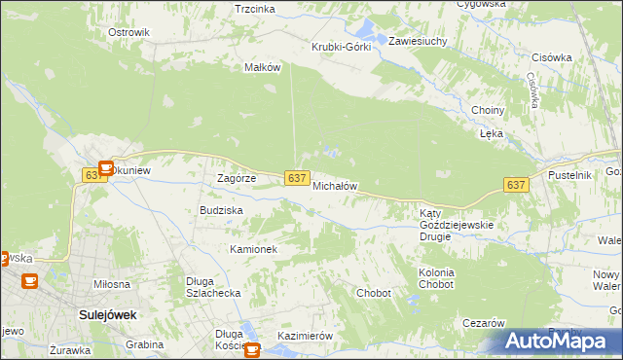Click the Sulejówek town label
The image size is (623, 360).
click(107, 315)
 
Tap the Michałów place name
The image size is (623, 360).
click(336, 185)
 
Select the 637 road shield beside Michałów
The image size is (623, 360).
click(298, 177)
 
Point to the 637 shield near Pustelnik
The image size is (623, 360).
click(516, 185)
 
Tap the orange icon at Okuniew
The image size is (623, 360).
click(106, 166)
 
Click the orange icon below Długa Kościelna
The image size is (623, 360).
click(253, 350)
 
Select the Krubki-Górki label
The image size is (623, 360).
click(341, 47)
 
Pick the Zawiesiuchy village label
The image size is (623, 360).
click(417, 42)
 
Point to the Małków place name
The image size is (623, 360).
click(262, 67)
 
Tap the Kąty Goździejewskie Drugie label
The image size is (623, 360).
click(457, 225)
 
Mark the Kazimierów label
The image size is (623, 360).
click(305, 336)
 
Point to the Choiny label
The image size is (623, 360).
click(487, 110)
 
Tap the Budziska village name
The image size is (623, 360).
click(221, 209)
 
